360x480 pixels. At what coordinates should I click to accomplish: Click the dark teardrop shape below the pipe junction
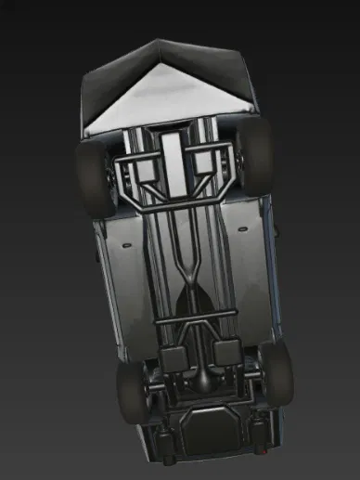pos(193,302)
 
